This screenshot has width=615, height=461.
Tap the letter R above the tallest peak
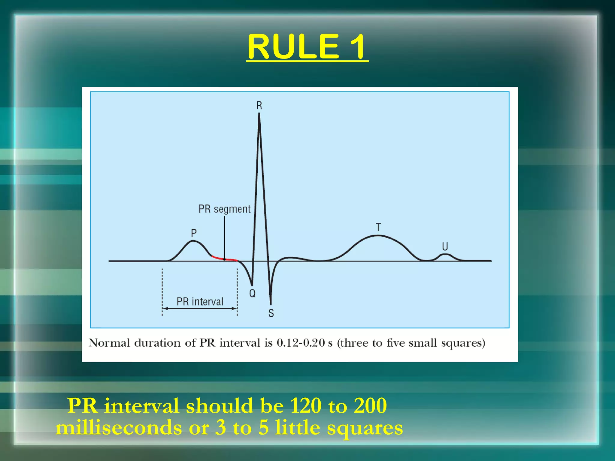259,105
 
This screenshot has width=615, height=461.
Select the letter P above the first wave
194,233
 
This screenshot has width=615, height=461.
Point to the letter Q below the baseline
252,293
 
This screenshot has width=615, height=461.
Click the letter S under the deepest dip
271,313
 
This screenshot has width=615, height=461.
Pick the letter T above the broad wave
378,227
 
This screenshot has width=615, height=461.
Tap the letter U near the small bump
445,246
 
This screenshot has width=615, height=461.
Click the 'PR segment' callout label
224,209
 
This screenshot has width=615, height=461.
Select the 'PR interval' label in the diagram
200,301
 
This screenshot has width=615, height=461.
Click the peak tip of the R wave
259,114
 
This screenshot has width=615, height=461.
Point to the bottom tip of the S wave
271,304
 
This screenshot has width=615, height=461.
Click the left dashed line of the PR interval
162,291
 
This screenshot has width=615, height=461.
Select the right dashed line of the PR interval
237,291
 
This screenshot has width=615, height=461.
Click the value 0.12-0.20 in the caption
301,343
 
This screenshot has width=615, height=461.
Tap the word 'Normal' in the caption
109,343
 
